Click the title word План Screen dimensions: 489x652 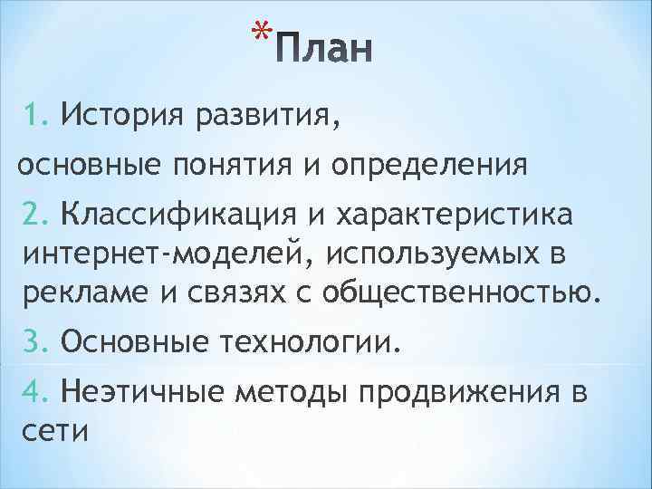323,53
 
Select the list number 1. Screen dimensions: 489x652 35,116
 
